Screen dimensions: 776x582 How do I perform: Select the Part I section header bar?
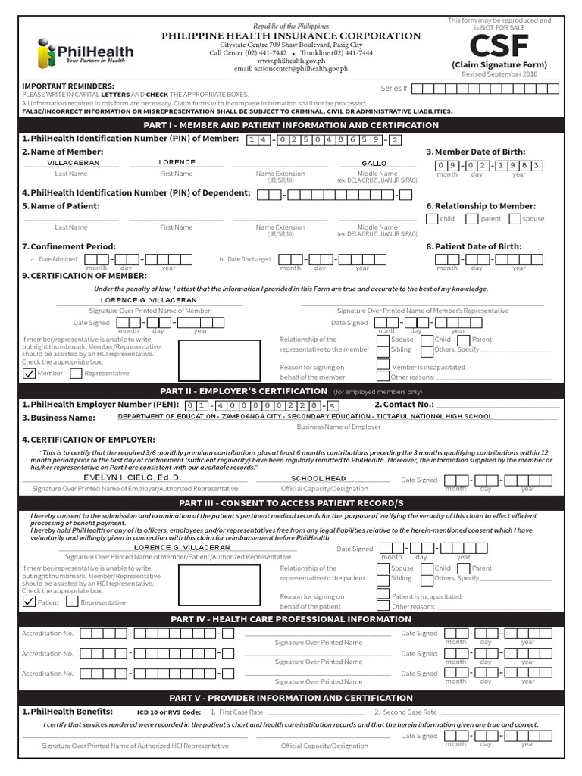tap(291, 125)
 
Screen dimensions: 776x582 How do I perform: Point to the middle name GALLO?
tap(374, 163)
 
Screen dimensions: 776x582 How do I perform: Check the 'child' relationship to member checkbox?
tap(432, 219)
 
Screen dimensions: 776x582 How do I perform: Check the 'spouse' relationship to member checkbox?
tap(515, 219)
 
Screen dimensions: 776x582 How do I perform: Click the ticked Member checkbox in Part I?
tap(30, 373)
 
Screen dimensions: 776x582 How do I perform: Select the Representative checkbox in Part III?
tap(72, 602)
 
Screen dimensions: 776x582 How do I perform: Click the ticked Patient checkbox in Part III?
tap(30, 602)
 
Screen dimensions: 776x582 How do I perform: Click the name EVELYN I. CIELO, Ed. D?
tap(133, 478)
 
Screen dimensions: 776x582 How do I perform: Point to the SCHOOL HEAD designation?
tap(318, 478)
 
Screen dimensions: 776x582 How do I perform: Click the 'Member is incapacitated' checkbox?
tap(383, 366)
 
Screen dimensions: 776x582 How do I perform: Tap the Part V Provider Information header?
tap(291, 697)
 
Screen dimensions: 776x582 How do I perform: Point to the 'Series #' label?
tap(393, 89)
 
